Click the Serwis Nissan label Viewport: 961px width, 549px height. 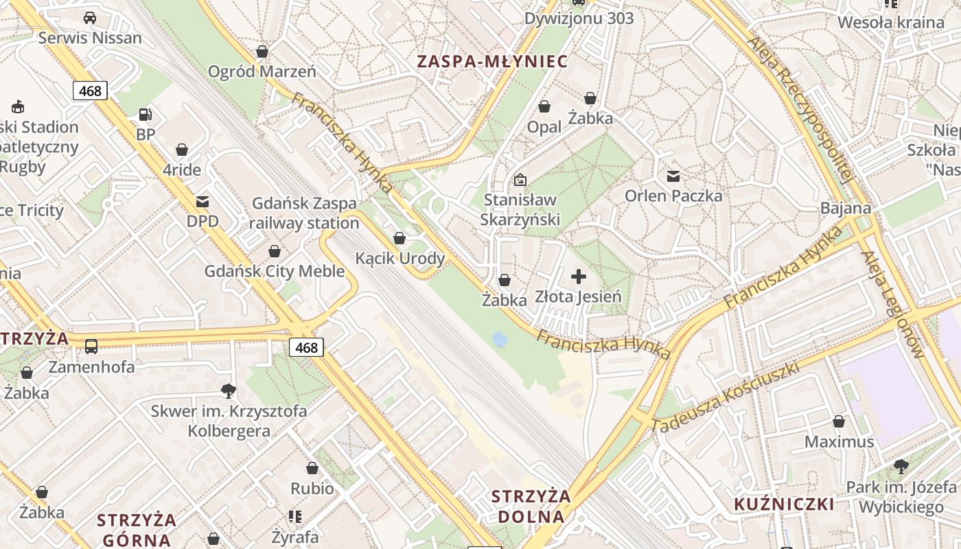point(90,38)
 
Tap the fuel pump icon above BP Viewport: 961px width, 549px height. point(145,115)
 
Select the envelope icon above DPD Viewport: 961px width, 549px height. point(202,202)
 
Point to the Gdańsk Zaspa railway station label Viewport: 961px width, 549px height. point(304,213)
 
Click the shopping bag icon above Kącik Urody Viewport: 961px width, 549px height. point(400,238)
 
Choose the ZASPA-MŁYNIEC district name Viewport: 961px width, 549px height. point(492,62)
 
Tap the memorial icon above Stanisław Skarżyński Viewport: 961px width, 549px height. point(520,180)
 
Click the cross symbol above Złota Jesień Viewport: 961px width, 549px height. point(579,277)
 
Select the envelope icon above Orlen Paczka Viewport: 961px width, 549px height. point(673,176)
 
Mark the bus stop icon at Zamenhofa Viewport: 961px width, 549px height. point(91,347)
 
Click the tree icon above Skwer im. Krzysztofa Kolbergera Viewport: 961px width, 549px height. point(229,391)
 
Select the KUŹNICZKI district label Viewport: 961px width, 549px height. point(784,504)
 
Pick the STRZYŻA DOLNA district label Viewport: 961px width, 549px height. point(531,506)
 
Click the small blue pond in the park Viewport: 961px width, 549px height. point(500,339)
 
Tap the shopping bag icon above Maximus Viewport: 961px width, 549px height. point(839,421)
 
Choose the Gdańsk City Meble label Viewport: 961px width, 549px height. point(275,271)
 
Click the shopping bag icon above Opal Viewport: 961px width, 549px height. point(544,106)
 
